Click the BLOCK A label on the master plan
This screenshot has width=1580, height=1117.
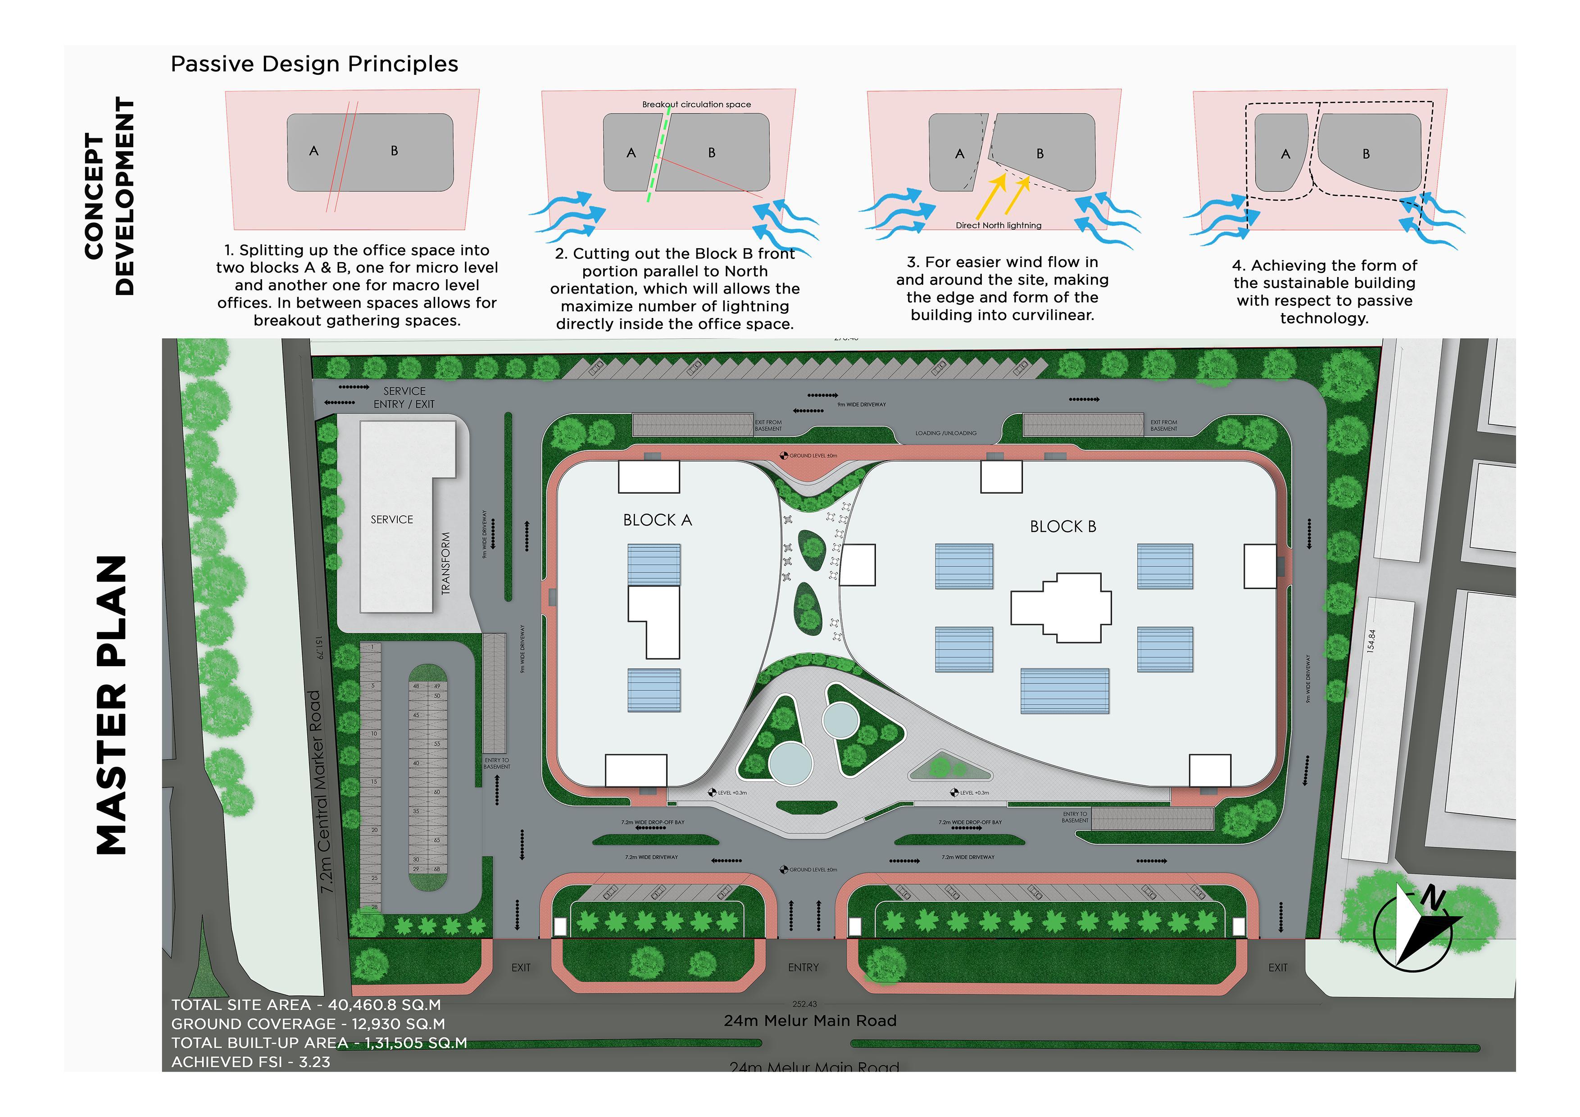point(657,520)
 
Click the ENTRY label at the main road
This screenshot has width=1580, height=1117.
point(803,967)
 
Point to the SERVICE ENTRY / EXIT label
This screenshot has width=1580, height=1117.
point(404,398)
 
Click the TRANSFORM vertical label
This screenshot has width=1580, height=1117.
point(446,563)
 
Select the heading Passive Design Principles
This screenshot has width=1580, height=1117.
point(314,64)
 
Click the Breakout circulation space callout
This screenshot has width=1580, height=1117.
point(696,104)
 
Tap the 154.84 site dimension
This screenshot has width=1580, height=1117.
point(1371,641)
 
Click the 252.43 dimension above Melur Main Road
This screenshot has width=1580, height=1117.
point(804,1004)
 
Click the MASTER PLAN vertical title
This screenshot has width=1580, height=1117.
point(112,705)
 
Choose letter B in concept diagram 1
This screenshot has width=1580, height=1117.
point(394,151)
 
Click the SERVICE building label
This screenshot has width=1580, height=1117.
point(391,520)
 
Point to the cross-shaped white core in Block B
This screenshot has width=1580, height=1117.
point(1060,607)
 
